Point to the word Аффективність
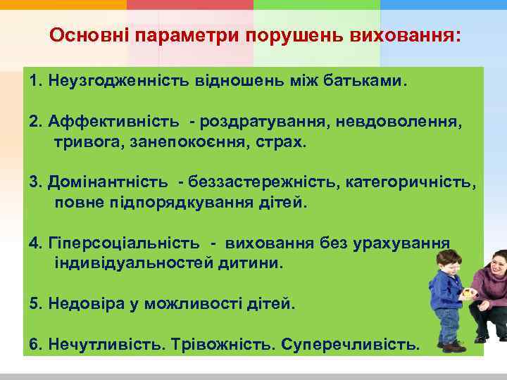point(106,122)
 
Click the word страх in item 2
point(285,142)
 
